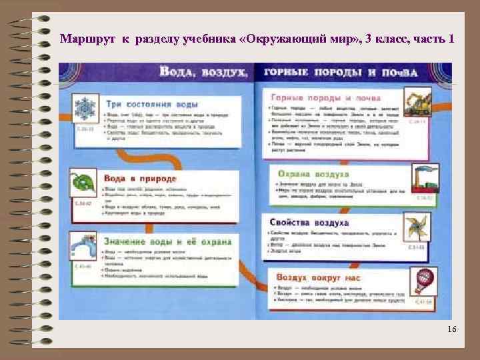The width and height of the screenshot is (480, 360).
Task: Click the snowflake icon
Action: tap(85, 109)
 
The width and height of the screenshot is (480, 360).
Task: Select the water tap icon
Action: tap(85, 248)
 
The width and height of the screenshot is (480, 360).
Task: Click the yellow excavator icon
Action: tap(419, 103)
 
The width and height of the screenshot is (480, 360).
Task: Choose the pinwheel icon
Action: tap(419, 229)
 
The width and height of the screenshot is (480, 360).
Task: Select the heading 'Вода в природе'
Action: tap(140, 179)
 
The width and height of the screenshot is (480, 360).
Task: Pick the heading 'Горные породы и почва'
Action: tap(326, 97)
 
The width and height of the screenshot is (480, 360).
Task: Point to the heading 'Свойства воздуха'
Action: tap(309, 222)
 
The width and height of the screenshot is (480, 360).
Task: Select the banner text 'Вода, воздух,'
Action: tap(203, 71)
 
